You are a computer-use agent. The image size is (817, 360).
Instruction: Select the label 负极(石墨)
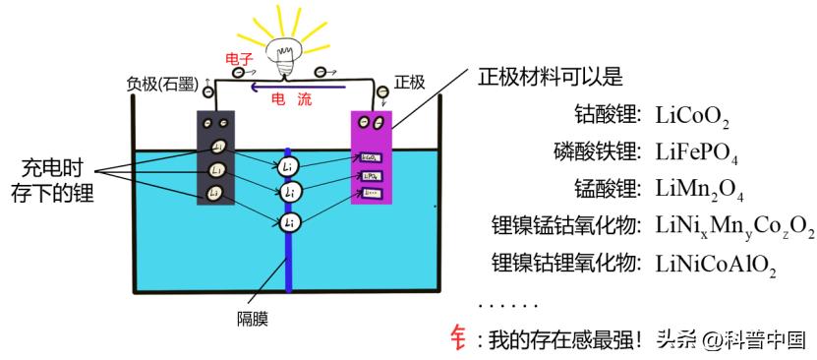(x=162, y=85)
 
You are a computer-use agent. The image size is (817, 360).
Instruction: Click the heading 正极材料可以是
(x=550, y=76)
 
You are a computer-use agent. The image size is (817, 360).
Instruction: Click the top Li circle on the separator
(x=287, y=165)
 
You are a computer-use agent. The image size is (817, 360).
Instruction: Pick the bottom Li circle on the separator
(x=287, y=222)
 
